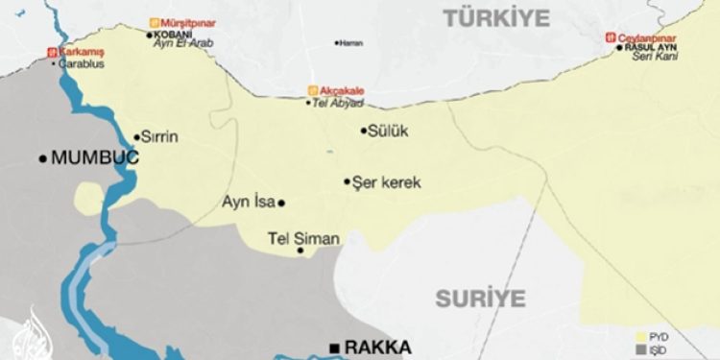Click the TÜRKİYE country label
(495, 17)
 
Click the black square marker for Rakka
(334, 348)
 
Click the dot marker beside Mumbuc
(42, 158)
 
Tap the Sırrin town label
(161, 137)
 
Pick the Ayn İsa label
(248, 203)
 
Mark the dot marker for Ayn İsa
(281, 203)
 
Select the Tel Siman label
(302, 237)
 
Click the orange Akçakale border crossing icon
(311, 91)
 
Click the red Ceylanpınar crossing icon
(609, 37)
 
